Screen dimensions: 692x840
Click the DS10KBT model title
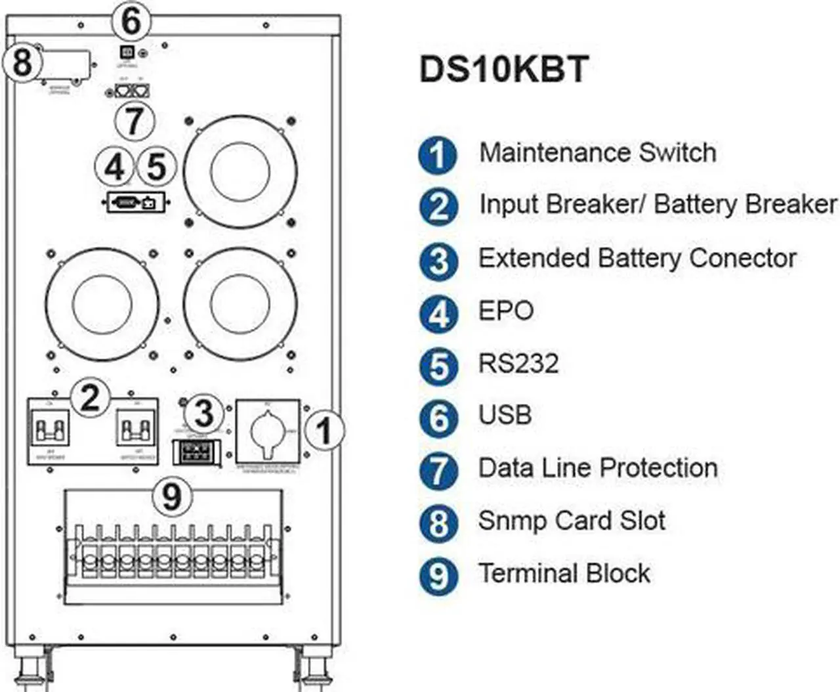tap(503, 70)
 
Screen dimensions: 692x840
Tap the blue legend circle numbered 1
tap(438, 155)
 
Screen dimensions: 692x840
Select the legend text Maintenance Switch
tap(597, 152)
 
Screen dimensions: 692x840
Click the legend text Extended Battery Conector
tap(637, 258)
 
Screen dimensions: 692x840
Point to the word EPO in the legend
tap(506, 311)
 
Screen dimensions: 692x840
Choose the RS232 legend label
tap(518, 363)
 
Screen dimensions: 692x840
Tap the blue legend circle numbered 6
tap(438, 419)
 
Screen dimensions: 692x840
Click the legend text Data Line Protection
tap(598, 468)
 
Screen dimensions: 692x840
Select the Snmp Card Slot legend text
tap(572, 521)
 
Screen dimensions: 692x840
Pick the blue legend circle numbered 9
tap(438, 576)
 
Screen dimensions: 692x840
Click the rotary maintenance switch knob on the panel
tap(268, 432)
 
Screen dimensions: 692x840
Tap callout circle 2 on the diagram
tap(90, 397)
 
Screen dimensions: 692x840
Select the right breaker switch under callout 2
tap(136, 431)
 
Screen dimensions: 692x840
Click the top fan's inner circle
tap(241, 173)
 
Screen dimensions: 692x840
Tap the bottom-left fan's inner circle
tap(102, 304)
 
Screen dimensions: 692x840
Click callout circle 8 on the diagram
tap(22, 63)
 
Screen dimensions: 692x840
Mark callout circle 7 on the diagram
tap(134, 121)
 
